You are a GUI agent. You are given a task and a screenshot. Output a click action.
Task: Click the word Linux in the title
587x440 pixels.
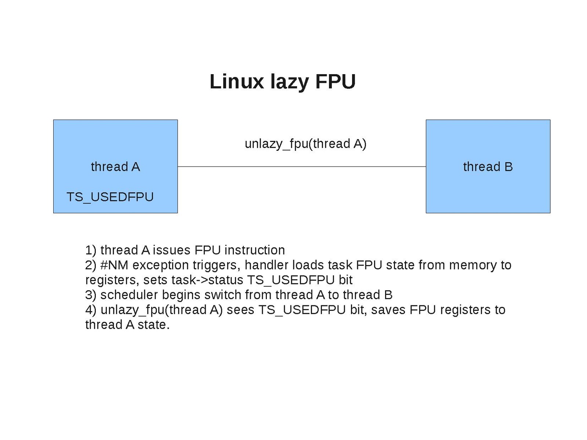[x=236, y=81]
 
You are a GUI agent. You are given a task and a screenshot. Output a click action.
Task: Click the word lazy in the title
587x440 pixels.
[x=289, y=82]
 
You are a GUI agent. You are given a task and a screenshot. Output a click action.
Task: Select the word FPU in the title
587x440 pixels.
[x=336, y=81]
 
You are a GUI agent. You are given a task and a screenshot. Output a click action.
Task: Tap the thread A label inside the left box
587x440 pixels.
[x=115, y=167]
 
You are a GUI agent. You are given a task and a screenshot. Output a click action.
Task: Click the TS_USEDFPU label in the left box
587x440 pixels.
[x=110, y=197]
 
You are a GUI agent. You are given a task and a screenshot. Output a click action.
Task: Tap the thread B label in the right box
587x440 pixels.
[x=488, y=167]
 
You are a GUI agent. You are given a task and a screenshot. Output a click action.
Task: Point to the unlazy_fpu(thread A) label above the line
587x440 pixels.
[x=305, y=143]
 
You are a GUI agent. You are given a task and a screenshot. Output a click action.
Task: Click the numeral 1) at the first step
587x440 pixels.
[x=91, y=250]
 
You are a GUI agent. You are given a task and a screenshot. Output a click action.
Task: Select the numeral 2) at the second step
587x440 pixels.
[x=91, y=265]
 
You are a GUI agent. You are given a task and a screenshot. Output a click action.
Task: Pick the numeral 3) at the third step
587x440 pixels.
[x=91, y=295]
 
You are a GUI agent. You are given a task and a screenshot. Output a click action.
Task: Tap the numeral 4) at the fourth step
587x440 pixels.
[x=91, y=310]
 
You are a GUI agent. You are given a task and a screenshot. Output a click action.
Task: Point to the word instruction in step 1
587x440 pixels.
[x=254, y=250]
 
